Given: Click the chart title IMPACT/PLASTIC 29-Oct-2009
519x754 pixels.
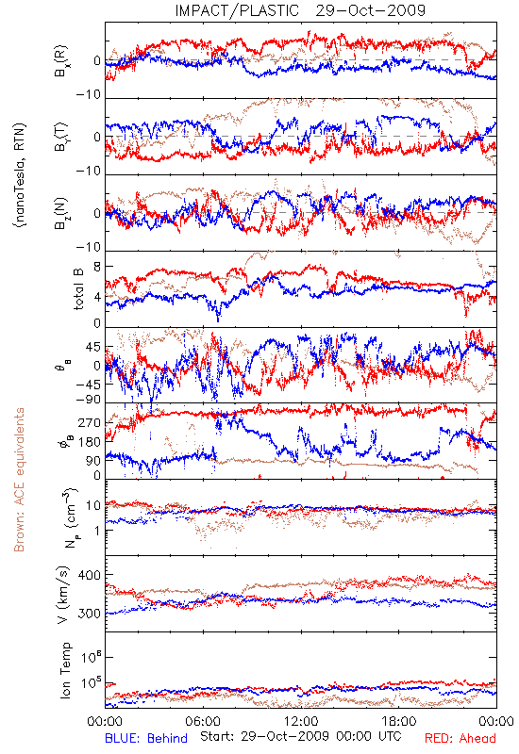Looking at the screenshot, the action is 300,10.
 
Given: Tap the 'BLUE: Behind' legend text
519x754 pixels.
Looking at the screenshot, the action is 146,738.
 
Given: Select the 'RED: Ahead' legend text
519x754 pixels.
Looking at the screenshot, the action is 460,738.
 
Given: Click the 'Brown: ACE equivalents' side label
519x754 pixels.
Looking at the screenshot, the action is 19,480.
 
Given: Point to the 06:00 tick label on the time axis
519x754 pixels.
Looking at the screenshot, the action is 203,721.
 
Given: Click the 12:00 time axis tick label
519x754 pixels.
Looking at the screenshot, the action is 301,721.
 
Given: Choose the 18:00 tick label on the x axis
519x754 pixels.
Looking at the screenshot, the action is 399,721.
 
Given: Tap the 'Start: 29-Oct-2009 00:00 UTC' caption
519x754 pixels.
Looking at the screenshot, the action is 300,736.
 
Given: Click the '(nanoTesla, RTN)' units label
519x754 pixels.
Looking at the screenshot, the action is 20,175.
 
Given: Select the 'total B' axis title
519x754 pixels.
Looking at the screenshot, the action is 78,288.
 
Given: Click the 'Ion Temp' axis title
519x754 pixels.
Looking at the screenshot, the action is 65,670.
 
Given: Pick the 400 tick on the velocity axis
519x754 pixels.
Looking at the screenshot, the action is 90,575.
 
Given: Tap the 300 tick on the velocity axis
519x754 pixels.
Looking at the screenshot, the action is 90,614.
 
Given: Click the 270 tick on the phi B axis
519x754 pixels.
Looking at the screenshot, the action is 90,422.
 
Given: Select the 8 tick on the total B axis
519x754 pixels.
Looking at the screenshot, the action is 97,267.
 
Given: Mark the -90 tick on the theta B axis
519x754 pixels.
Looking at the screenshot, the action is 89,400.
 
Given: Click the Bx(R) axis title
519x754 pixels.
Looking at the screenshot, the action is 61,61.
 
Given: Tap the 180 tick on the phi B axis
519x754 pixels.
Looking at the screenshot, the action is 90,442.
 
